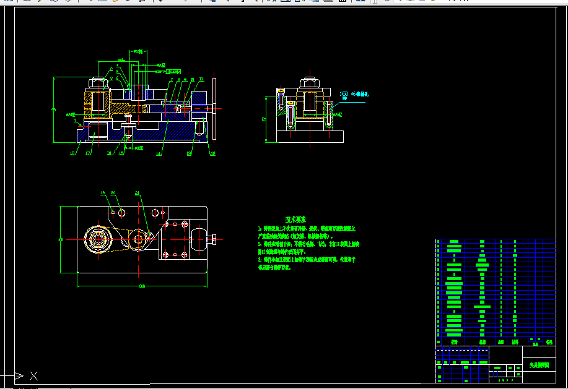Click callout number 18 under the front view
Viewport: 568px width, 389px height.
pyautogui.click(x=72, y=153)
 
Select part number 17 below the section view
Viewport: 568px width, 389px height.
pyautogui.click(x=87, y=153)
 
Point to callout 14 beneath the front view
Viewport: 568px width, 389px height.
pyautogui.click(x=159, y=153)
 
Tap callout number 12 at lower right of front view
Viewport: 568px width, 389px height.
pyautogui.click(x=212, y=153)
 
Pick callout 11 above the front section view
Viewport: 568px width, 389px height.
pyautogui.click(x=201, y=79)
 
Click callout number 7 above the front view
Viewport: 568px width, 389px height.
pyautogui.click(x=171, y=79)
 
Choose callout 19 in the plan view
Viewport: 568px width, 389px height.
pyautogui.click(x=103, y=193)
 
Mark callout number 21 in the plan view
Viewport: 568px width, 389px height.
pyautogui.click(x=137, y=193)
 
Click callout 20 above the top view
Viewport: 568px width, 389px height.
pyautogui.click(x=113, y=193)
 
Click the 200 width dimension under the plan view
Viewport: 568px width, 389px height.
pyautogui.click(x=142, y=286)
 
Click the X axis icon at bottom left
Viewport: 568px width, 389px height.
pyautogui.click(x=33, y=375)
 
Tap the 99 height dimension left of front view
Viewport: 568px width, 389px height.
pyautogui.click(x=53, y=109)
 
